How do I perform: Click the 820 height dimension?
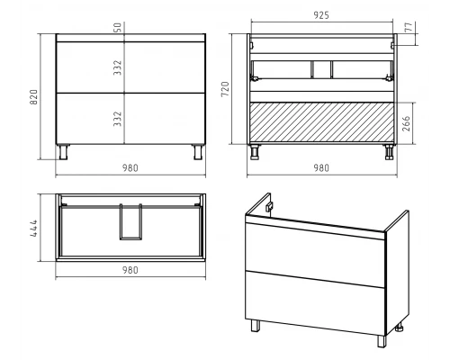click(x=34, y=97)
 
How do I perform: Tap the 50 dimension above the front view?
click(x=118, y=28)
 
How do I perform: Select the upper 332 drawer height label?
click(x=118, y=67)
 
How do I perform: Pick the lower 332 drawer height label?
click(x=118, y=119)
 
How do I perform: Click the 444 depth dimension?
click(x=34, y=228)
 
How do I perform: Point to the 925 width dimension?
click(x=321, y=15)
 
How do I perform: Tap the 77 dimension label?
click(x=409, y=27)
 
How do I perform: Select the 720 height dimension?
click(x=225, y=89)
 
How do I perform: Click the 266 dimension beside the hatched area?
click(x=406, y=123)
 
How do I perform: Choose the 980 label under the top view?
click(x=130, y=270)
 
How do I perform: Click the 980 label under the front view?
click(x=130, y=168)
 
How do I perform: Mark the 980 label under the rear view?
click(x=321, y=168)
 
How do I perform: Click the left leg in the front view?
click(x=64, y=152)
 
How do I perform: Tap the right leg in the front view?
click(x=198, y=152)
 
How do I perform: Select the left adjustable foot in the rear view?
click(x=255, y=152)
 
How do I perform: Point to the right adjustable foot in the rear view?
click(x=389, y=152)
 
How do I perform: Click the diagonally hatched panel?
click(x=321, y=121)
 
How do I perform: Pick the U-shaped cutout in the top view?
click(x=130, y=222)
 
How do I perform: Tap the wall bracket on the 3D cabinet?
click(x=270, y=207)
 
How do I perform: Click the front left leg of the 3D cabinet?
click(x=256, y=326)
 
